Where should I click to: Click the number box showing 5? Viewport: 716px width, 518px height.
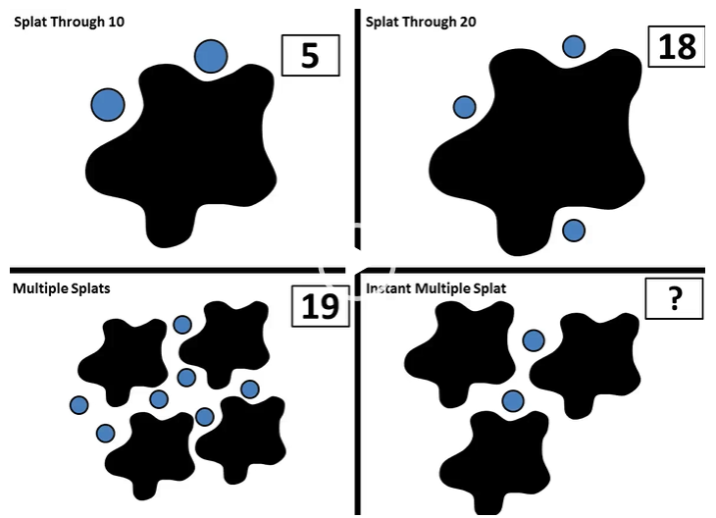click(310, 56)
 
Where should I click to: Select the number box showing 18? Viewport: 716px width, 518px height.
click(676, 46)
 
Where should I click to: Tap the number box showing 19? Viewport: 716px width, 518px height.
click(320, 306)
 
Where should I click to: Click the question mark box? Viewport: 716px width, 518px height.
click(674, 298)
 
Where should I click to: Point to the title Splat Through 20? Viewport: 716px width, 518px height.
click(421, 21)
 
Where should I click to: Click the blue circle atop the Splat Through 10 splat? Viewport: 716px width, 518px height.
click(211, 57)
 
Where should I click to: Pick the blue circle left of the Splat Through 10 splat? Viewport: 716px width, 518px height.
click(108, 104)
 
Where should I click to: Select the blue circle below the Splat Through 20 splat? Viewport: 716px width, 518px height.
click(574, 231)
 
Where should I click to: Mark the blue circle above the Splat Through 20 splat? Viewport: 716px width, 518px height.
click(574, 46)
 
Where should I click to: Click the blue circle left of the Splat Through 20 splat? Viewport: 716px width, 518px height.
click(465, 106)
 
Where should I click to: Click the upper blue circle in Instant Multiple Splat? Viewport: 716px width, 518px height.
click(533, 340)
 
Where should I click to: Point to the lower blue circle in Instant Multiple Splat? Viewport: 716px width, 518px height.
click(512, 400)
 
